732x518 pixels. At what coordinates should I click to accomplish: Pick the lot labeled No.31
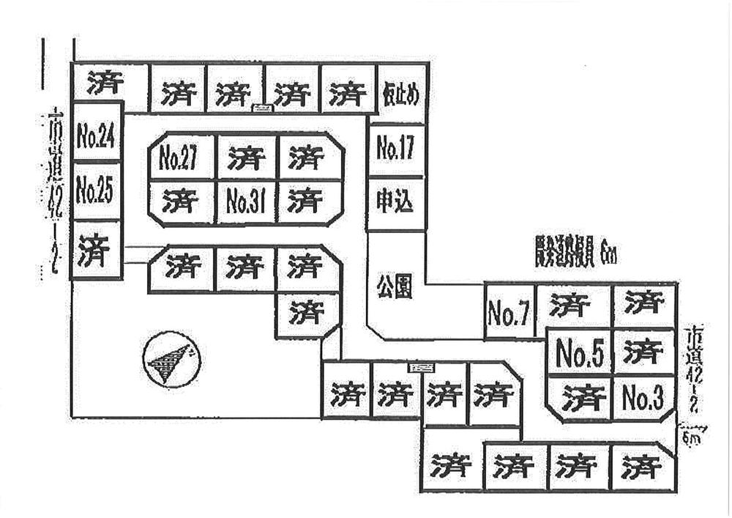coord(246,201)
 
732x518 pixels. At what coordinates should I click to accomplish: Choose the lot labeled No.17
coord(396,149)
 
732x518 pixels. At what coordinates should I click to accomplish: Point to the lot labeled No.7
coord(509,314)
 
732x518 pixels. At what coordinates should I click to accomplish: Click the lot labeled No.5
coord(580,355)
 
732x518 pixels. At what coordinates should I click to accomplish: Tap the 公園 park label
coord(395,286)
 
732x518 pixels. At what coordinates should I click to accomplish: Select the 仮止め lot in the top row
coord(400,94)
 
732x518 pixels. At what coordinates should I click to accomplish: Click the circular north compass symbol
coord(171,359)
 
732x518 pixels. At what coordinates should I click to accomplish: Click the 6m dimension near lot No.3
coord(691,439)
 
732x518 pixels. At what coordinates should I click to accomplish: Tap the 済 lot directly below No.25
coord(96,251)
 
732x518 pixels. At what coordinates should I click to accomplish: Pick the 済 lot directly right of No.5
coord(643,352)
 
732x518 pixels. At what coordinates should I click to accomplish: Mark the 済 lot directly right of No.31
coord(306,201)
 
